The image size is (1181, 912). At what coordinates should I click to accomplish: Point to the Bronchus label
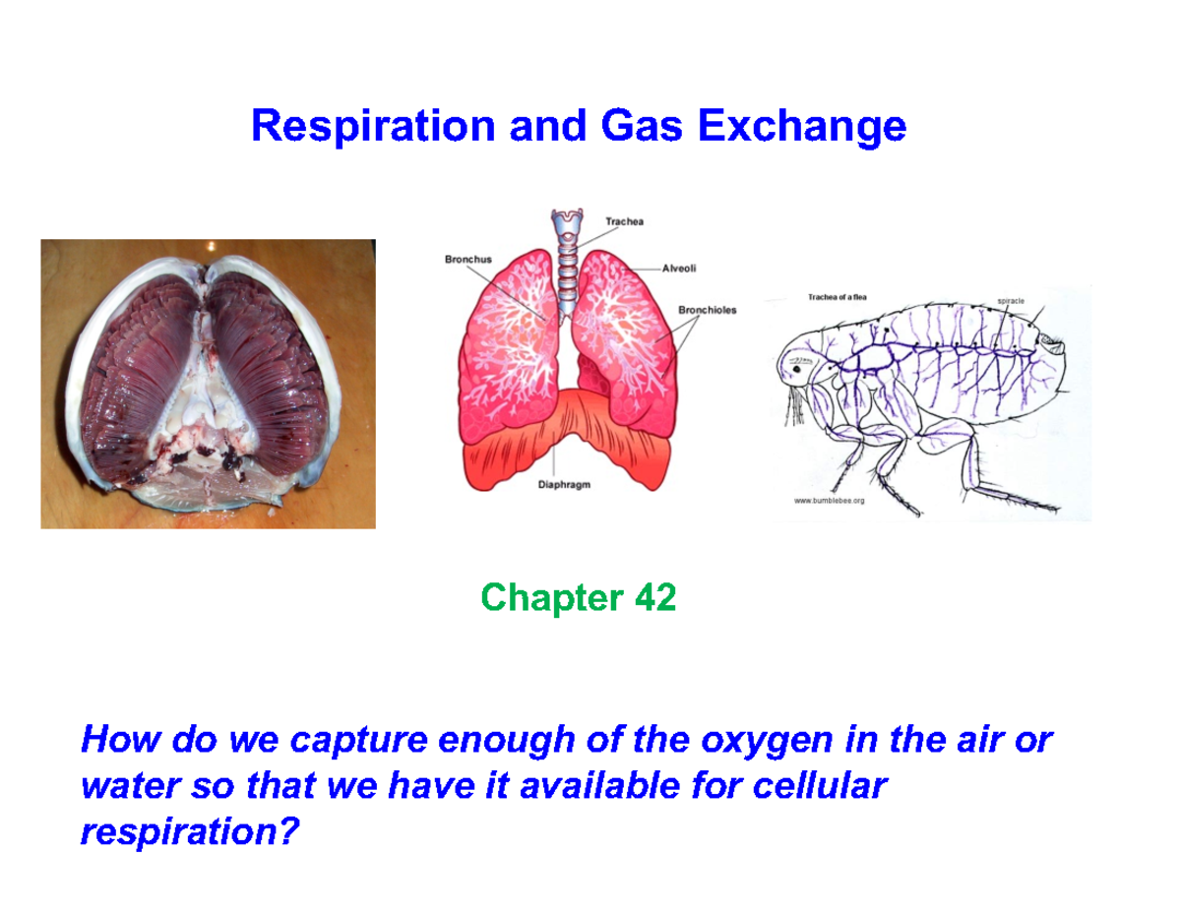tap(464, 259)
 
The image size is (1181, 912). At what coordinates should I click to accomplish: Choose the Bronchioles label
tap(707, 310)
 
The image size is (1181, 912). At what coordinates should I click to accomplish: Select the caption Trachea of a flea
tap(837, 296)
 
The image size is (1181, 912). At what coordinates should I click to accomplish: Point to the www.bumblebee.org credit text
tap(829, 501)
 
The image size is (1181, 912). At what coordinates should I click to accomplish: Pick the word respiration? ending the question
tap(187, 832)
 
